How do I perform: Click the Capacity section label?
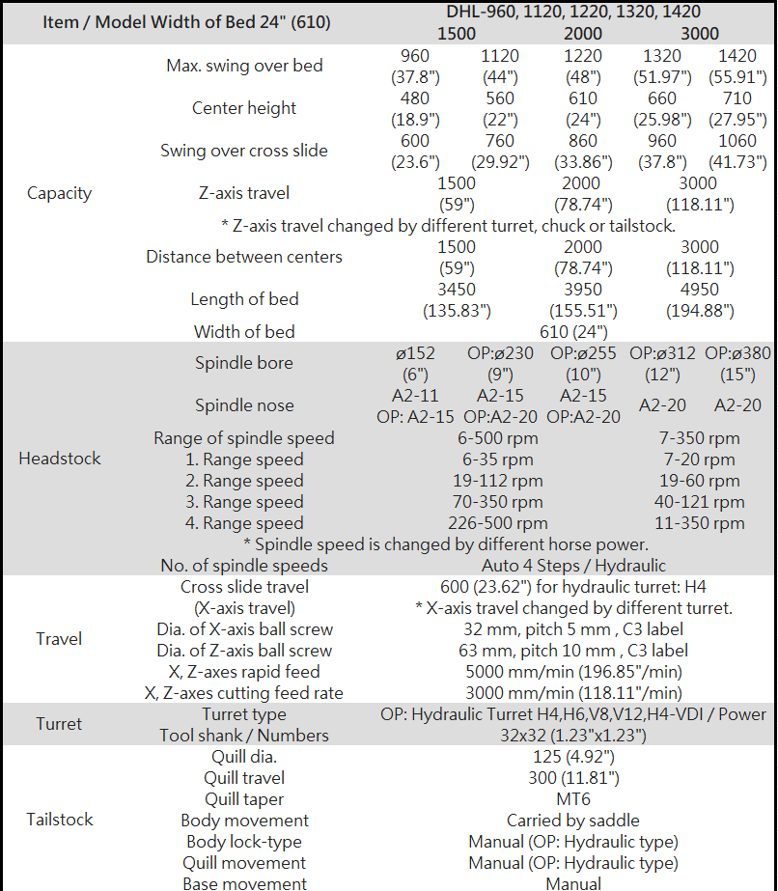pos(59,193)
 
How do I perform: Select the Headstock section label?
pos(59,459)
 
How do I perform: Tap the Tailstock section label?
pos(59,820)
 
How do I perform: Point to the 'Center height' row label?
pos(244,108)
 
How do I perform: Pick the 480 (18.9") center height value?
pos(415,109)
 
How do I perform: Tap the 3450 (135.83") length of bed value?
pos(457,300)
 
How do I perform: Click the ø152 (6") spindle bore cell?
pos(415,364)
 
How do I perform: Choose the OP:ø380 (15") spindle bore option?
pos(737,364)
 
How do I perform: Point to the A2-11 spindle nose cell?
pos(415,396)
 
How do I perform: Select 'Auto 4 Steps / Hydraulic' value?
pos(573,566)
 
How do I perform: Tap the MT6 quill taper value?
pos(573,799)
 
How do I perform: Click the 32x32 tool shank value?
pos(573,736)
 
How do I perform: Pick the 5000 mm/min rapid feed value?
pos(573,672)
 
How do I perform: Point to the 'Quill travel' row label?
pos(244,778)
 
